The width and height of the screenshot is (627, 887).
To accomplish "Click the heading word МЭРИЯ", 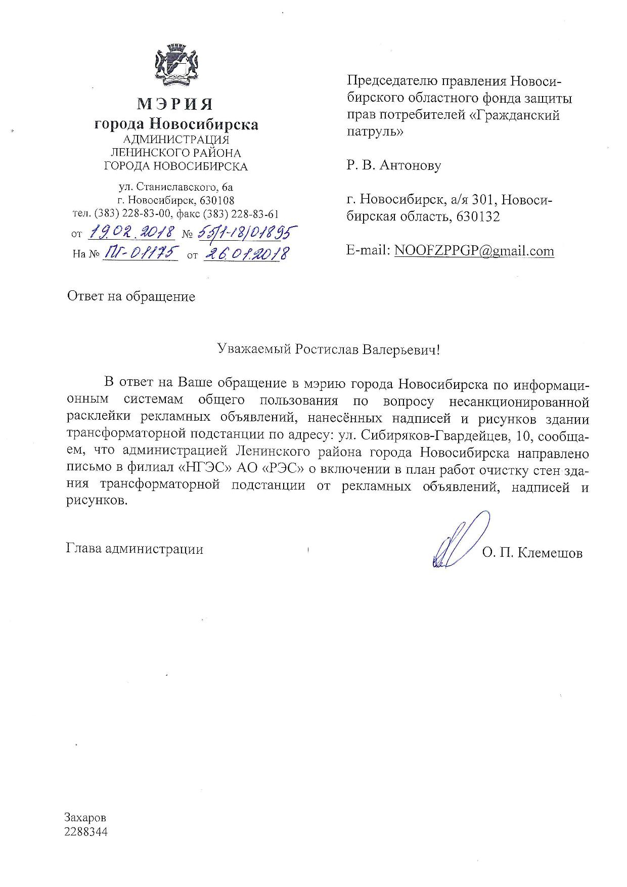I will tap(175, 104).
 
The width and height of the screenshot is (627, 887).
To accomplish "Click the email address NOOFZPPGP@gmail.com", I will tap(474, 251).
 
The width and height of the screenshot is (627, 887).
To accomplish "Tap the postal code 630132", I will tap(478, 216).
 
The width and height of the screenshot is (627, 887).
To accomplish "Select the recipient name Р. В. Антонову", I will tap(394, 165).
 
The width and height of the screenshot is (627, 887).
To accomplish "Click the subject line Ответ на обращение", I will tap(131, 296).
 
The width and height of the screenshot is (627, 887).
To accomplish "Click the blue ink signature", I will tap(459, 540).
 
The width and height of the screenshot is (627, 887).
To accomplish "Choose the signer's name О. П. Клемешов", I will tap(532, 553).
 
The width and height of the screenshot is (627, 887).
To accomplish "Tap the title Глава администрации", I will tap(135, 549).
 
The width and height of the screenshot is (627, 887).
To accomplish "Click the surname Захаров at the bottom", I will tap(85, 818).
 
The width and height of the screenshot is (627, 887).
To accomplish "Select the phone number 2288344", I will tap(86, 832).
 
